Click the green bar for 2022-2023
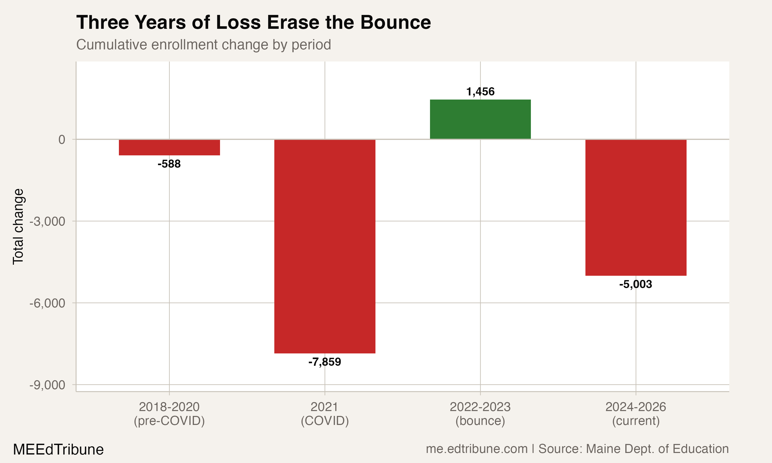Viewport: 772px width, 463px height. [480, 119]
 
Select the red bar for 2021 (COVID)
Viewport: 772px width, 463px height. [324, 246]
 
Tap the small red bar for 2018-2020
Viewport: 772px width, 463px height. [169, 147]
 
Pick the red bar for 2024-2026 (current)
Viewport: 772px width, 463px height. [636, 208]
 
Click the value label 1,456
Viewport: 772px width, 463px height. [480, 92]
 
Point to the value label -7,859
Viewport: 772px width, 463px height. [324, 362]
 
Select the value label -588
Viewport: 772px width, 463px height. [169, 164]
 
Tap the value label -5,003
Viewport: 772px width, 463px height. [636, 284]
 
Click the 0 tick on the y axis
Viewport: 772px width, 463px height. [62, 140]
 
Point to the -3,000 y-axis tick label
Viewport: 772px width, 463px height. [47, 221]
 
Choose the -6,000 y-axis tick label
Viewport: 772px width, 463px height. [47, 303]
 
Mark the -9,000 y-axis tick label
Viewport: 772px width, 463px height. [47, 385]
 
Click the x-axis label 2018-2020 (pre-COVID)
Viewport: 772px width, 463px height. [169, 414]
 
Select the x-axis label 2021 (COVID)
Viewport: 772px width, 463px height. [324, 414]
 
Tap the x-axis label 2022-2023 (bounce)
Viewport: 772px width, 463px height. [480, 414]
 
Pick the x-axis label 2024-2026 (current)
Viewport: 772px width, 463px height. [636, 414]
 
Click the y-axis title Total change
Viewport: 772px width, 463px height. [18, 227]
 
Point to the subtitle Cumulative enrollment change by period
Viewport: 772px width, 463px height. [204, 44]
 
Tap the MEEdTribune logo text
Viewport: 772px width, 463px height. [58, 450]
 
